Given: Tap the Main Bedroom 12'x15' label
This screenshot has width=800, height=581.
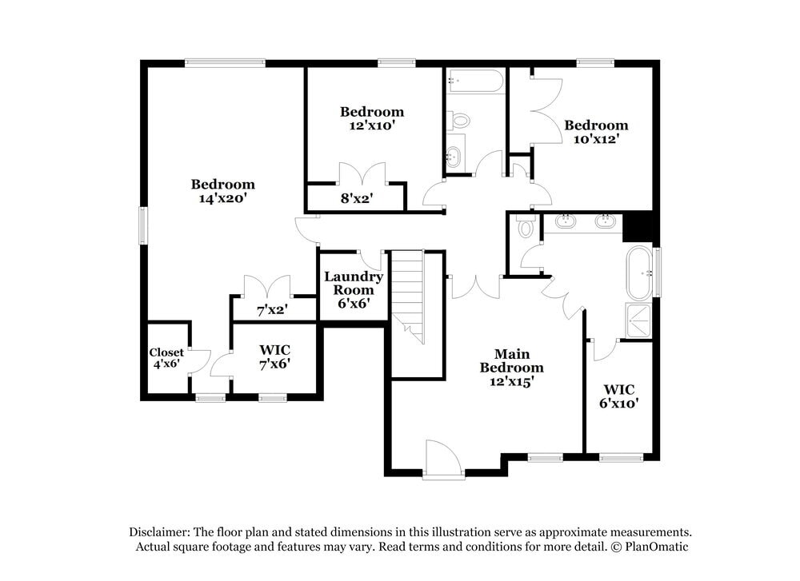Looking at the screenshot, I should click(x=511, y=368).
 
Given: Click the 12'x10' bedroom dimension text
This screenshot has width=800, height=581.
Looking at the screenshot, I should click(x=371, y=125).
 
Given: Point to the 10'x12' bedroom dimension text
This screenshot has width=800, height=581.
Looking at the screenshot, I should click(x=596, y=138).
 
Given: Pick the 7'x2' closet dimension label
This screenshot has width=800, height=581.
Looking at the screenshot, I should click(x=272, y=308).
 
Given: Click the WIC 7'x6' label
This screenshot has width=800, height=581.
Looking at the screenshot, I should click(x=274, y=356).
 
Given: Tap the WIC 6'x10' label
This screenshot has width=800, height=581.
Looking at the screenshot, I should click(x=621, y=396).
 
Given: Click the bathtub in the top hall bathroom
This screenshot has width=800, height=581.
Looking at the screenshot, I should click(x=476, y=81).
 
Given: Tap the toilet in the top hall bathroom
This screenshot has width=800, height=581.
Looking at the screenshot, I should click(x=459, y=121).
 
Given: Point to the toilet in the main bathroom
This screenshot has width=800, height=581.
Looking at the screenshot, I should click(x=526, y=227).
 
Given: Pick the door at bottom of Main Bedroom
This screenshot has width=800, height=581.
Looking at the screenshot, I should click(x=443, y=461).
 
